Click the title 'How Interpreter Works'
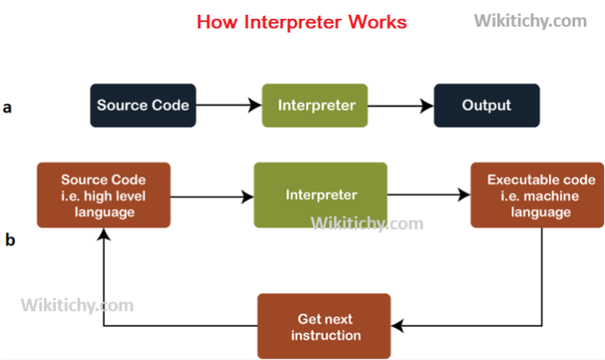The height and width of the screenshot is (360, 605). [x=302, y=21]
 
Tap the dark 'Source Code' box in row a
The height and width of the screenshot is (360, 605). [x=143, y=106]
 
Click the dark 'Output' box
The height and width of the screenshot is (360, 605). [x=486, y=106]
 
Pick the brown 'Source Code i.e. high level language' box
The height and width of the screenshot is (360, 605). [x=104, y=195]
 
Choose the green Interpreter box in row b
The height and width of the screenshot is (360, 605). [x=321, y=195]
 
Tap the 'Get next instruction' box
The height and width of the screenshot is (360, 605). [x=325, y=326]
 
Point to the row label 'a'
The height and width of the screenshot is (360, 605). [x=7, y=107]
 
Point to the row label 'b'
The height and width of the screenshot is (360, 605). [x=9, y=240]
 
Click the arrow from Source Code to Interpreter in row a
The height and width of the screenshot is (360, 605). [x=228, y=106]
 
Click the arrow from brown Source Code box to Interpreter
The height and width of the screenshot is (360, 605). [x=211, y=195]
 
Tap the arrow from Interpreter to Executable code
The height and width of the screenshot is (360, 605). [x=427, y=195]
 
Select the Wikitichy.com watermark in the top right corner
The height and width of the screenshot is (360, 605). [x=529, y=21]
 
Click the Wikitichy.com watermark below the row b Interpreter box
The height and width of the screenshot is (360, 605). [x=367, y=224]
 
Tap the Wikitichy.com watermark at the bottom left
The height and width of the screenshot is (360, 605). [x=76, y=304]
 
